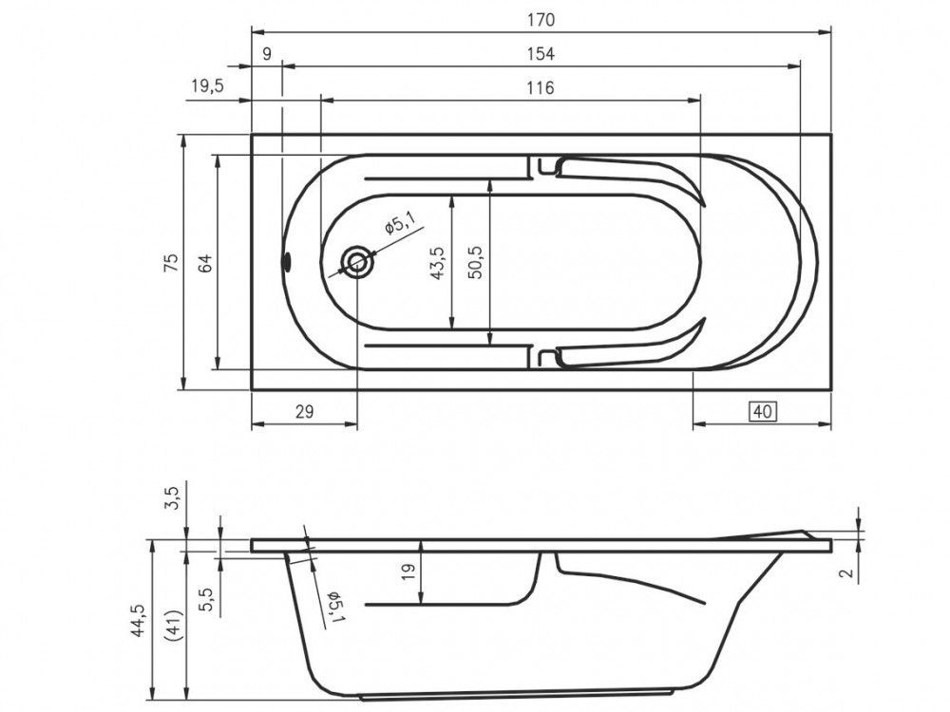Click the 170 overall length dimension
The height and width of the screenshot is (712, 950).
(541, 20)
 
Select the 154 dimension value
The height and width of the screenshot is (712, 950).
(541, 54)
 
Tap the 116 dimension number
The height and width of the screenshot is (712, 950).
(541, 87)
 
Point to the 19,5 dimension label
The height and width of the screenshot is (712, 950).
(207, 86)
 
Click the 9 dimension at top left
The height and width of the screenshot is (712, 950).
(267, 54)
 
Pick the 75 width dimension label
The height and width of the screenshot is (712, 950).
(172, 262)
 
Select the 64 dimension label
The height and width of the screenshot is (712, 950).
(206, 263)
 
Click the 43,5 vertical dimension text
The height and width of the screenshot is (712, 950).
(437, 263)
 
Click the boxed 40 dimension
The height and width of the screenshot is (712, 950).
(764, 412)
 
